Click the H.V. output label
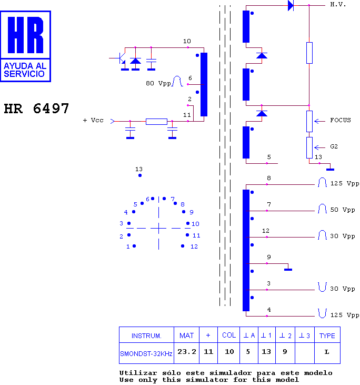point(338,4)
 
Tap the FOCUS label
point(341,120)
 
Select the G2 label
point(334,146)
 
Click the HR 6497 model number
point(36,108)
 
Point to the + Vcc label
point(93,120)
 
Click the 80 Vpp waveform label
point(158,84)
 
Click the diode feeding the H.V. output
point(291,5)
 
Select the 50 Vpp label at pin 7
point(343,210)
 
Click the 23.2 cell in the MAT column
point(187,352)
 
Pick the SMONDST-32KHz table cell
point(146,353)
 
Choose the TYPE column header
point(327,335)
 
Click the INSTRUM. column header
point(146,335)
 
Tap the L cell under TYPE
point(327,352)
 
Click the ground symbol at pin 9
point(288,270)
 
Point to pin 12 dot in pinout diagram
point(183,246)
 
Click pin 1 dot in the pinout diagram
point(134,246)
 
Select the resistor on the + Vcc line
point(156,122)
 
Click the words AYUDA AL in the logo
point(25,66)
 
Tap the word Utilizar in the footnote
point(138,373)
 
